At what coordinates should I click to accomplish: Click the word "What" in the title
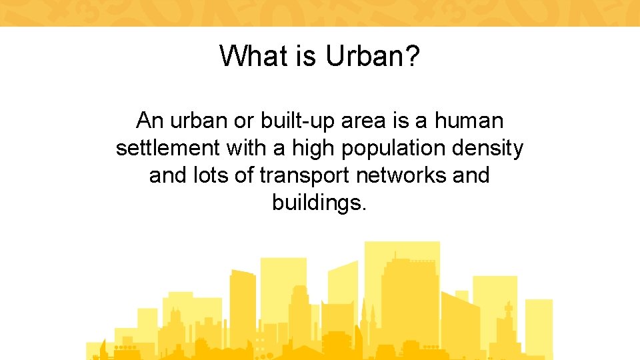(247, 56)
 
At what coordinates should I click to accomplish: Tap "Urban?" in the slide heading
(373, 56)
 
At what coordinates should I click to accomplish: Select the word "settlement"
(168, 148)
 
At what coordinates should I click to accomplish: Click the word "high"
(314, 149)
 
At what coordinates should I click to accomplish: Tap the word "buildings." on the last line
(319, 203)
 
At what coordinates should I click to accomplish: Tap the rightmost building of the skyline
(539, 327)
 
